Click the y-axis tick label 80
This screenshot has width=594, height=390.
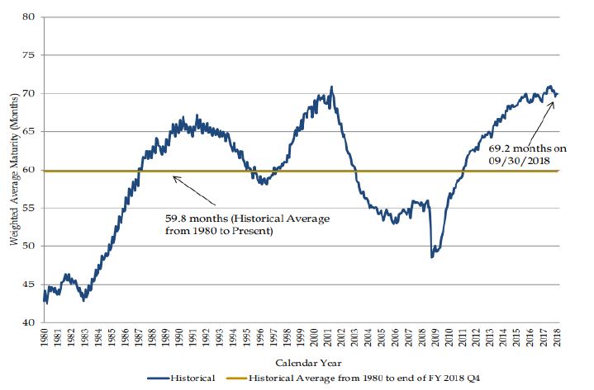click(x=30, y=16)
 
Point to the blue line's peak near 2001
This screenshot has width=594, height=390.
click(x=331, y=87)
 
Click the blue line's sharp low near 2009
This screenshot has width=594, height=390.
click(x=431, y=256)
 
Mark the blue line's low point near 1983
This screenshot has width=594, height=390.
click(x=84, y=300)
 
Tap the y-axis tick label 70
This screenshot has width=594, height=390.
click(x=30, y=93)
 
